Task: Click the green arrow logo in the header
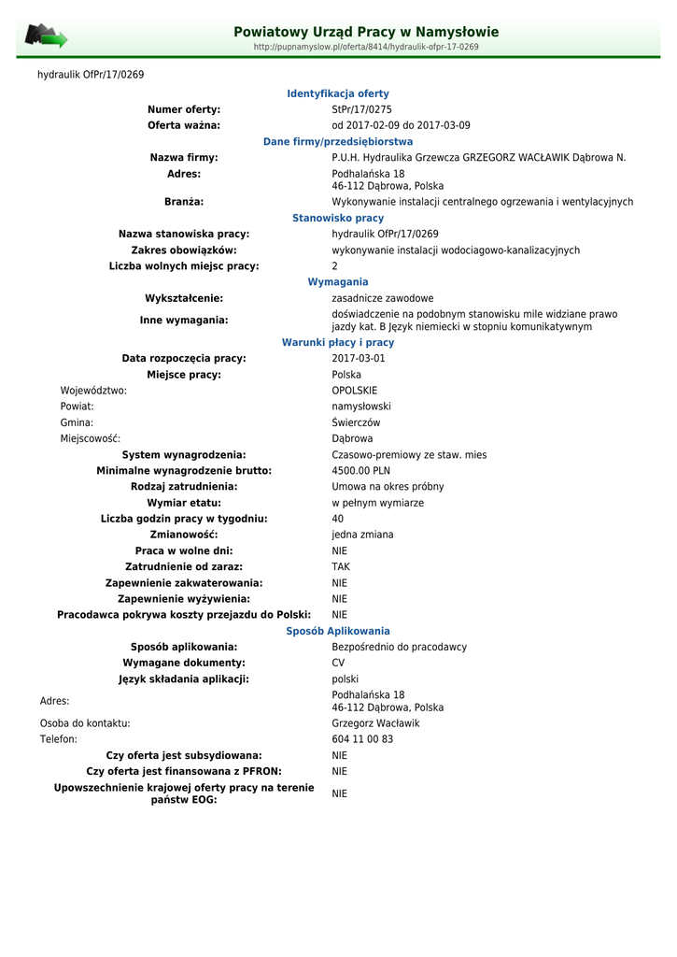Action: click(x=46, y=36)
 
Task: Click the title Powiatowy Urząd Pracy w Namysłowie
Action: click(x=366, y=32)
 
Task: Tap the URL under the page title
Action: click(x=366, y=47)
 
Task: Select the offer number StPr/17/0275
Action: click(x=362, y=109)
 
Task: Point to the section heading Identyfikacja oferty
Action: click(x=338, y=93)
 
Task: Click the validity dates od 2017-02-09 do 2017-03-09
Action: click(x=402, y=125)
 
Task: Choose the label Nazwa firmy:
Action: click(x=184, y=157)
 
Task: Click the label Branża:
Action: click(x=184, y=201)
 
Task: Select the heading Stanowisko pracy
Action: click(x=338, y=218)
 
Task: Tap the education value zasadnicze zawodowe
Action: click(x=383, y=298)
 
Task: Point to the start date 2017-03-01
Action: click(x=359, y=358)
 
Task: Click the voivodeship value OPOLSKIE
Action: click(x=355, y=391)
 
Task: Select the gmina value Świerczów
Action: click(x=357, y=422)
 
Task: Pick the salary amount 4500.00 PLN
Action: click(x=361, y=471)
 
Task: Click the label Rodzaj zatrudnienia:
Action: click(x=184, y=487)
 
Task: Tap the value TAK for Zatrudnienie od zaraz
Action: click(x=341, y=566)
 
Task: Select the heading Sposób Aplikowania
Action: click(x=338, y=631)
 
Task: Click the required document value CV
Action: click(x=338, y=663)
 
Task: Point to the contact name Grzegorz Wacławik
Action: click(x=376, y=723)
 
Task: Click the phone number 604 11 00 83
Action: click(x=362, y=739)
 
